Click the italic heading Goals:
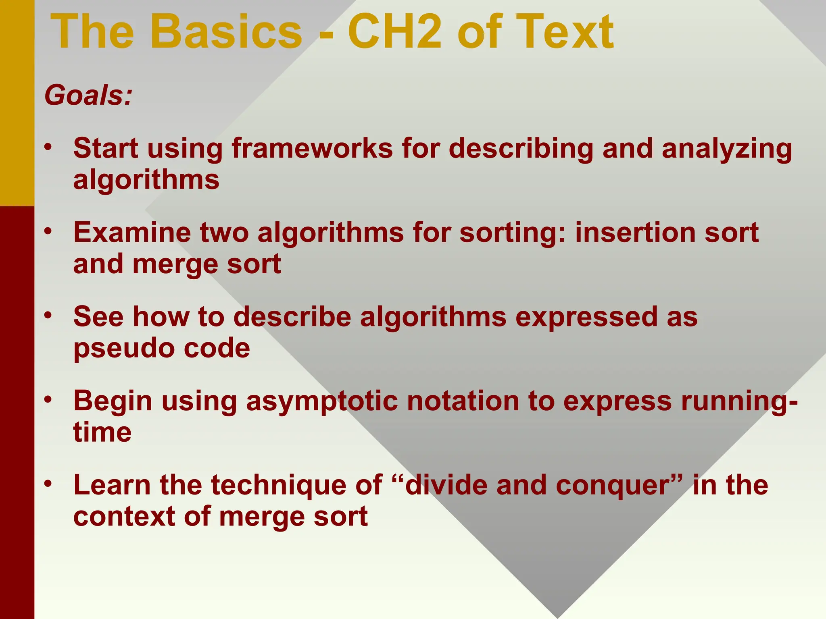[x=88, y=96]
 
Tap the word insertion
[x=635, y=233]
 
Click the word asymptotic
[x=321, y=402]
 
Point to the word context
[x=124, y=517]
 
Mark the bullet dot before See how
[x=48, y=315]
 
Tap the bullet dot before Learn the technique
[x=48, y=483]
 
